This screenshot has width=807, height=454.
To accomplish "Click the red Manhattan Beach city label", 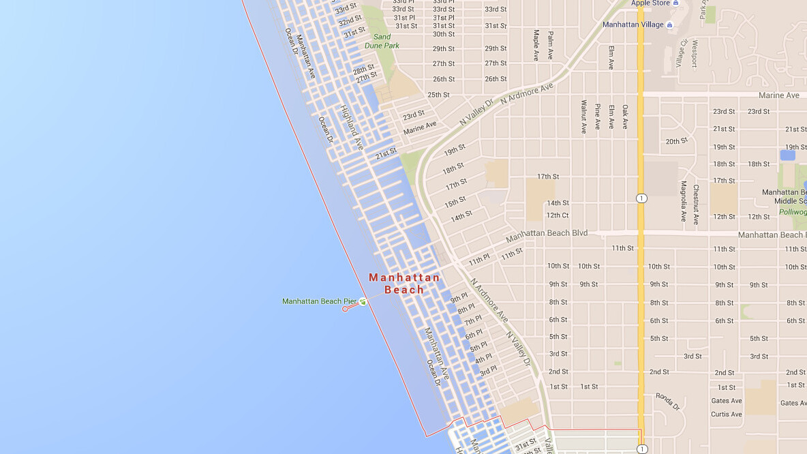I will coord(404,283).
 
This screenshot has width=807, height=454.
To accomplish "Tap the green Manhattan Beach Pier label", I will coord(319,301).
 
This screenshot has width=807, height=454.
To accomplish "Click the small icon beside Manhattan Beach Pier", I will coord(363,301).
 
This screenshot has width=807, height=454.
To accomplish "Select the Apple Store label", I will coord(650,3).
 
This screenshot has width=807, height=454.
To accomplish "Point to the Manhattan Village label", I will coord(633,25).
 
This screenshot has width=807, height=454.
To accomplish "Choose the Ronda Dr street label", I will coord(668,401).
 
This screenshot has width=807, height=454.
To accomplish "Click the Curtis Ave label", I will coord(726,414).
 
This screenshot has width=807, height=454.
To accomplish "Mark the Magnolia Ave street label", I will coord(683,201).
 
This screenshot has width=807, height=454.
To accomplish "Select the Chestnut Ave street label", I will coord(696,204).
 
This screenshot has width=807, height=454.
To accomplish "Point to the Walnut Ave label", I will coord(583,117).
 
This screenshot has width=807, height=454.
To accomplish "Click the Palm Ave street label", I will coord(550,46).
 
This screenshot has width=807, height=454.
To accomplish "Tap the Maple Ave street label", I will coord(536,46).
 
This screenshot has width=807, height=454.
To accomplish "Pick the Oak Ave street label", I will coord(625,117).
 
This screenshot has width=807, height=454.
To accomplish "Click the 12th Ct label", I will coord(557,215).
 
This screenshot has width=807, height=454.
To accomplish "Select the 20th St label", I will coord(677,141).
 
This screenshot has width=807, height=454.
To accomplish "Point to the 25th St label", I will coord(438,95).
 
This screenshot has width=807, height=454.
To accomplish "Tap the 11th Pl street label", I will coord(478,260).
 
